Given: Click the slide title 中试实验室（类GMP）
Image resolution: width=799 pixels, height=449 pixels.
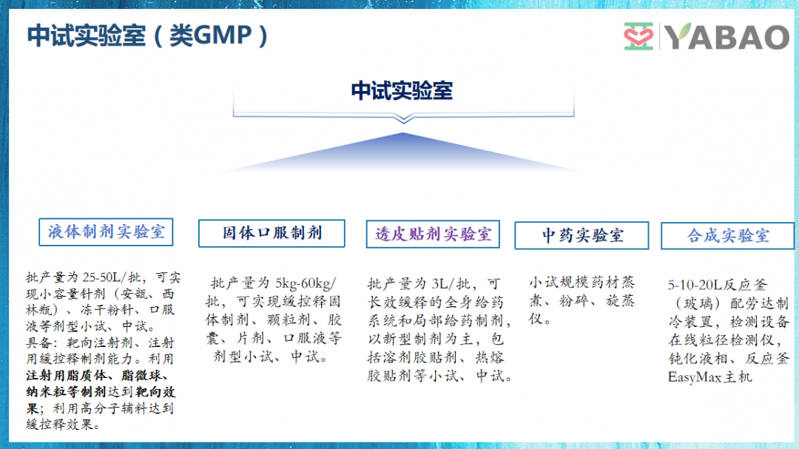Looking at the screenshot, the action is (x=146, y=36).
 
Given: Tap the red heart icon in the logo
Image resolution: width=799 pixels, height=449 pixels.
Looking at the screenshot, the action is (x=638, y=36).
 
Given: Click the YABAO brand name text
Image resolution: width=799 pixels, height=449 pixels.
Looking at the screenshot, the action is (x=727, y=36).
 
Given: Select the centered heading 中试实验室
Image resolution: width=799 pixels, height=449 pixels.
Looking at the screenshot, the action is (x=402, y=91).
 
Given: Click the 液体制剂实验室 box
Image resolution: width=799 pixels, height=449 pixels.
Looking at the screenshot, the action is (x=106, y=232).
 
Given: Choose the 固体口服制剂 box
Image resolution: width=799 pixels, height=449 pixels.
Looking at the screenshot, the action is (x=272, y=234).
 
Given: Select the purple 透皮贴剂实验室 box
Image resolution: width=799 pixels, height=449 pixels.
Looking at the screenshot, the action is (x=433, y=234).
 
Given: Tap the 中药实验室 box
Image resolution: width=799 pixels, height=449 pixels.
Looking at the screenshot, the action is (x=582, y=235).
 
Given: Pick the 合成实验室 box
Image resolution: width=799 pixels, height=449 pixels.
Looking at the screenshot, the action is (x=728, y=236).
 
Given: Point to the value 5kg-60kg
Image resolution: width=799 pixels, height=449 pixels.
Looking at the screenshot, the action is (x=303, y=283).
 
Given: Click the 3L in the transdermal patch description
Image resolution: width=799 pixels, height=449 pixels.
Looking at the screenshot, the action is (x=440, y=284).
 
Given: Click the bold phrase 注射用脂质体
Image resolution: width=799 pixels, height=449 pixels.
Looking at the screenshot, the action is (x=67, y=376).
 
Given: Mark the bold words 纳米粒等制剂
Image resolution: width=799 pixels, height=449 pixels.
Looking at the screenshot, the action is (x=66, y=392).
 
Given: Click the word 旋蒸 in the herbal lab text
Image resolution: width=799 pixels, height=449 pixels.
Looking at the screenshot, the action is (x=620, y=301).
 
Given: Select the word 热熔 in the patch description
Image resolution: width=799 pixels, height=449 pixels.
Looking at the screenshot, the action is (x=490, y=357).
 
